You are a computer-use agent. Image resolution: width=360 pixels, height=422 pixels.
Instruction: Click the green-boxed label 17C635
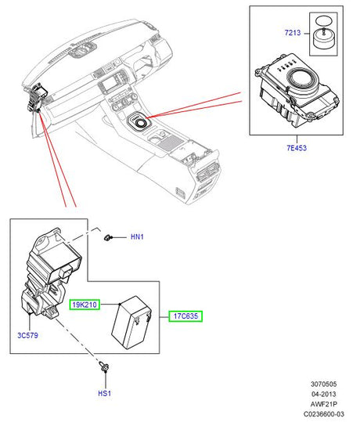(185, 317)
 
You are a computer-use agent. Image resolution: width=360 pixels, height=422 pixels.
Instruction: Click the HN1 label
(138, 237)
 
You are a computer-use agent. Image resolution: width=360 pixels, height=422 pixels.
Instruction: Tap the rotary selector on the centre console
(141, 122)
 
